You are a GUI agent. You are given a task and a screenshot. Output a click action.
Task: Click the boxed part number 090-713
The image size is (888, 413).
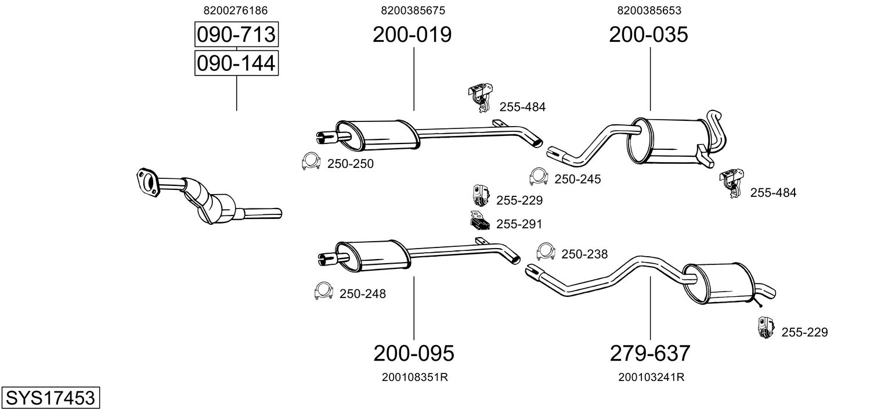[236, 35]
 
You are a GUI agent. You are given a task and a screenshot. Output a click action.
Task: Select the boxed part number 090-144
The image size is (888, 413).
[236, 63]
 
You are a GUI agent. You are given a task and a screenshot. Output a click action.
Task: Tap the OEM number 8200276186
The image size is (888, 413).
[236, 10]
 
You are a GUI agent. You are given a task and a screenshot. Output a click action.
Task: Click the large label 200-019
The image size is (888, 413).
[412, 35]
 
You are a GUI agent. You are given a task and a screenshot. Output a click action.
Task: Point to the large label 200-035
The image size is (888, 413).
[648, 35]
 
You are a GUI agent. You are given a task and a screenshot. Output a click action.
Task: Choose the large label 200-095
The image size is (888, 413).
[413, 353]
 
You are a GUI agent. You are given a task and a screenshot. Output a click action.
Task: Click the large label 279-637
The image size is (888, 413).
[650, 353]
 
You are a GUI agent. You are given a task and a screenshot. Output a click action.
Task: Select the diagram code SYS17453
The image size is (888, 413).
[50, 398]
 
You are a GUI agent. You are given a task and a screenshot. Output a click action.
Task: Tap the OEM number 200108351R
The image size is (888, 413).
[414, 377]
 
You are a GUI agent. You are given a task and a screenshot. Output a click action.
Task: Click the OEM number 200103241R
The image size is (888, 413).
[651, 377]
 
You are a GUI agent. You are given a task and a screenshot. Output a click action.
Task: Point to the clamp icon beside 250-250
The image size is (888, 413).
[311, 162]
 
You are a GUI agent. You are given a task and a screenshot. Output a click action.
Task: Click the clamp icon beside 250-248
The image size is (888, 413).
[323, 291]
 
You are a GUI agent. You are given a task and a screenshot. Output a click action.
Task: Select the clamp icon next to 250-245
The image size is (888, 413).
[539, 177]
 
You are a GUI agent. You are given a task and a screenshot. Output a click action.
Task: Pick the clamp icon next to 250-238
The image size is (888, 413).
[546, 252]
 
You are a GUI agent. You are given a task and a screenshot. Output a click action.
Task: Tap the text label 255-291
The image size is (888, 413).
[519, 224]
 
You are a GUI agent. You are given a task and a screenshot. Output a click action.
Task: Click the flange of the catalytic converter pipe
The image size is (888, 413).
[147, 180]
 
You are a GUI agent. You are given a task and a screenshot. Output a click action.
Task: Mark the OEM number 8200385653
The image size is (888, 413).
[649, 10]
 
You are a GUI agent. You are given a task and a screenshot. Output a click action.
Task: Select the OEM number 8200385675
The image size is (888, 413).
[413, 10]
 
